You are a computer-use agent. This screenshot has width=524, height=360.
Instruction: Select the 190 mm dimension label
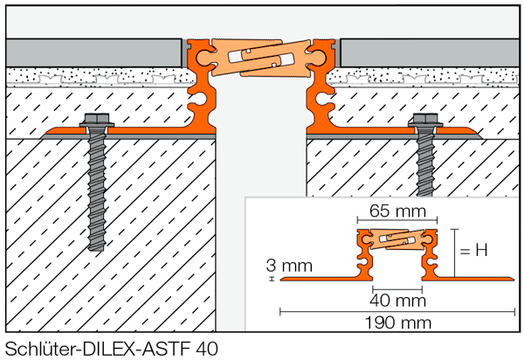pyautogui.click(x=396, y=325)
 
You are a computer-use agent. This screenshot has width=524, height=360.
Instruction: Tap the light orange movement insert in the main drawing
pyautogui.click(x=262, y=59)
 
